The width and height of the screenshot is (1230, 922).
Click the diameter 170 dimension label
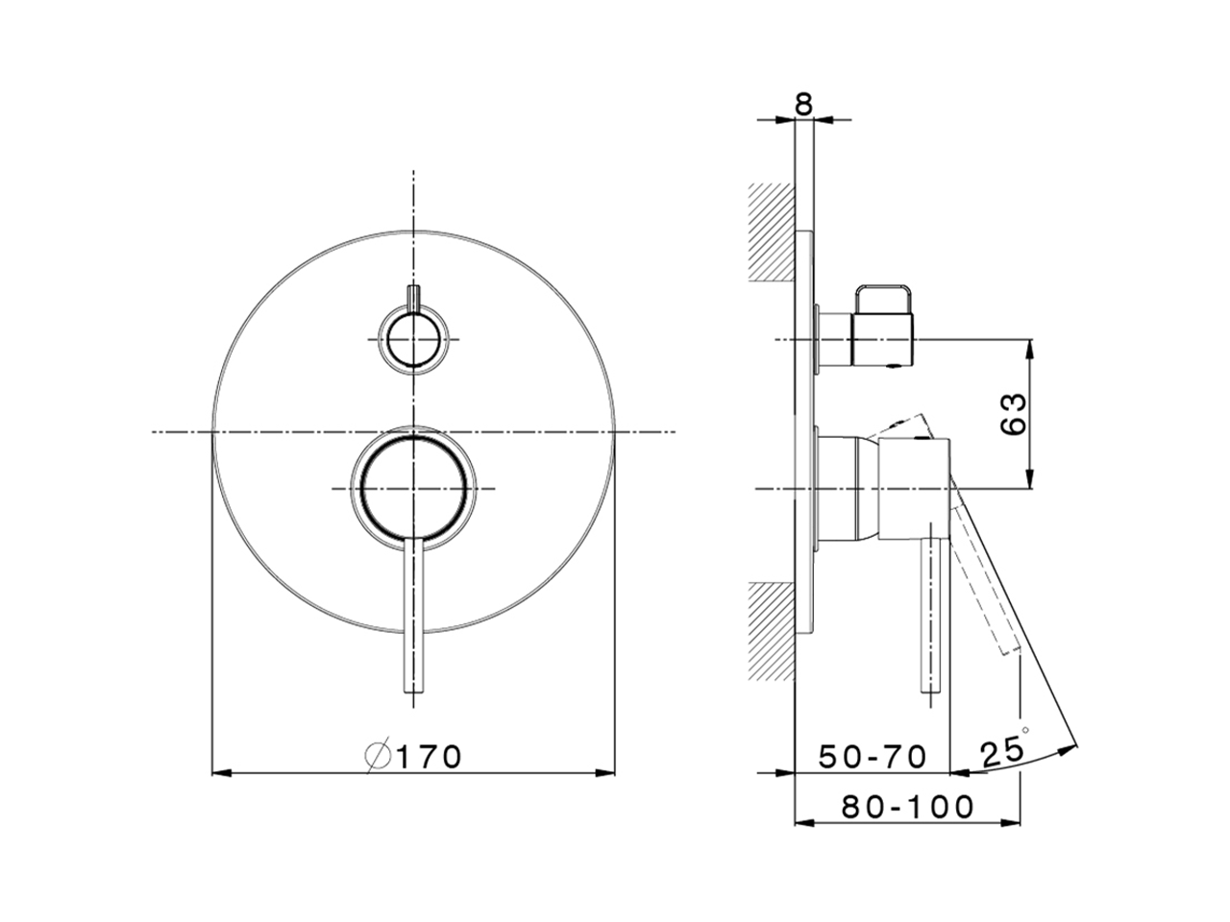click(413, 757)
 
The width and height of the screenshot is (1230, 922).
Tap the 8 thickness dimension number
click(803, 104)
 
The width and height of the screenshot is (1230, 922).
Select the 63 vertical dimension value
click(1013, 414)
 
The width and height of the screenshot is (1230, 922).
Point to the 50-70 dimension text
click(873, 758)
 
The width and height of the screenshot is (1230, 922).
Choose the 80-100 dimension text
click(908, 808)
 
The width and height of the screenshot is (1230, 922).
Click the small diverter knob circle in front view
click(413, 339)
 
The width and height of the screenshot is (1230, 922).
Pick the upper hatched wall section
click(772, 231)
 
